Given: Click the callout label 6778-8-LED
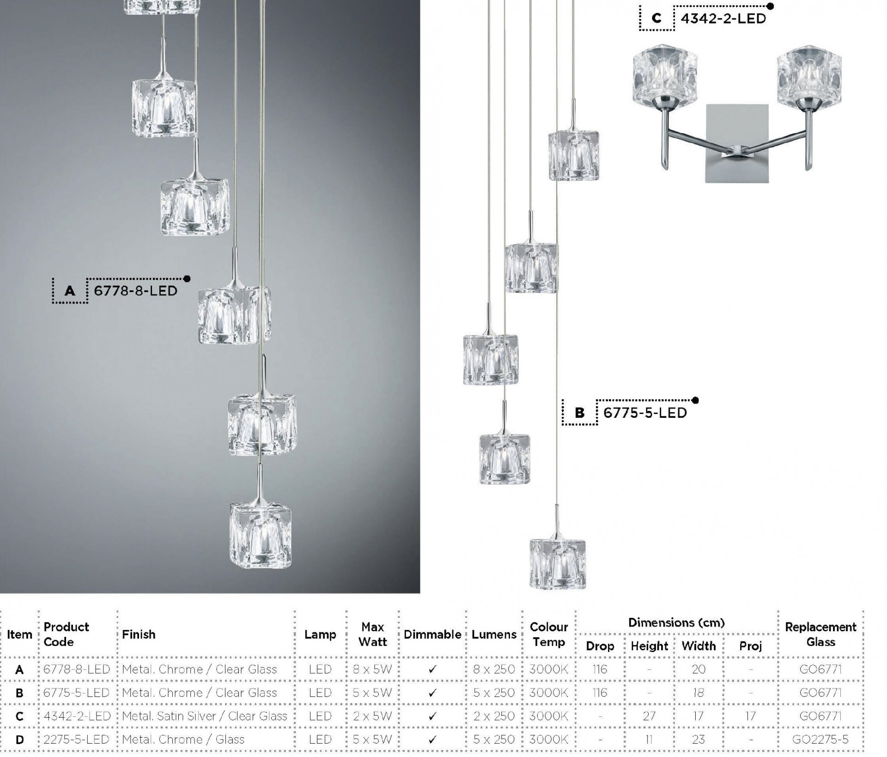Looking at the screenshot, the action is click(135, 291).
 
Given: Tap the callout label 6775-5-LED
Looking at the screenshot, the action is click(645, 413).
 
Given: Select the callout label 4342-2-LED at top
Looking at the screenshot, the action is click(723, 18).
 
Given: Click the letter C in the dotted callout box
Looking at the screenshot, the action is click(656, 18).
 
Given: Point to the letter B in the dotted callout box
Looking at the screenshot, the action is click(580, 413).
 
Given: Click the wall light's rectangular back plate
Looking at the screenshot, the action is click(737, 143).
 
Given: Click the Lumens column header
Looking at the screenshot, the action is click(494, 635).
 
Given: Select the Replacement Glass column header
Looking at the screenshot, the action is click(820, 635).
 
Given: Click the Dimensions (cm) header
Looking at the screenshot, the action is click(676, 623).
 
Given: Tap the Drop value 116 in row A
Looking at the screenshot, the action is click(600, 669).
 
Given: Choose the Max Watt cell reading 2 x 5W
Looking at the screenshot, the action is click(372, 716).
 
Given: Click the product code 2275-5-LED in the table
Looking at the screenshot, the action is click(76, 739).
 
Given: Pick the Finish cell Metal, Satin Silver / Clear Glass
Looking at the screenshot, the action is click(205, 716).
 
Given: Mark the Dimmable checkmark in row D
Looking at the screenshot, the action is click(432, 740).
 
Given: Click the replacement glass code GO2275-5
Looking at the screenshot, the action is click(820, 739).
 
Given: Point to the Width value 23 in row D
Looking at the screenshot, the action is click(699, 739).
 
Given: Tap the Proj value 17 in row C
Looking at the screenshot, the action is click(750, 716).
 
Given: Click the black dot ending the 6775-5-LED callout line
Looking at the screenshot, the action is click(696, 400).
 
